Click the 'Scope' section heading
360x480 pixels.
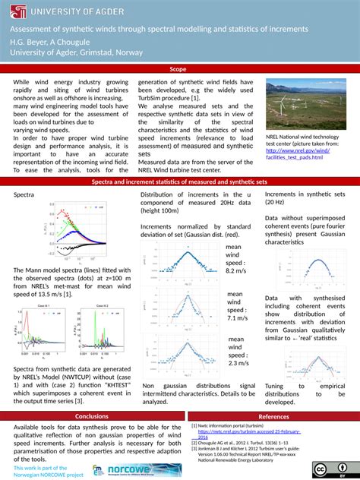click(x=179, y=69)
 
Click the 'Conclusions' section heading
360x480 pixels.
click(x=91, y=416)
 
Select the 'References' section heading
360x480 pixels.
click(x=273, y=416)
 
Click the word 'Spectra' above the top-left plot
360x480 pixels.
click(x=26, y=195)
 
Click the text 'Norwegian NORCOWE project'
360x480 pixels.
click(x=49, y=474)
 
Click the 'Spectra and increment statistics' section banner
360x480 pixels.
click(x=179, y=183)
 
